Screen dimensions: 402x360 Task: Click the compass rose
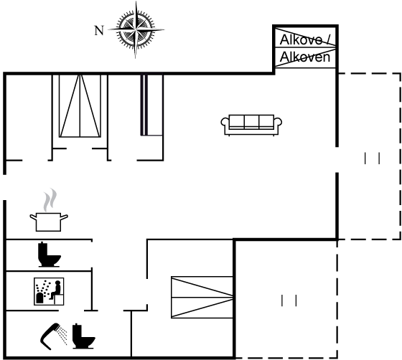pyautogui.click(x=136, y=29)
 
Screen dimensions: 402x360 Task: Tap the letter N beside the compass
pyautogui.click(x=99, y=30)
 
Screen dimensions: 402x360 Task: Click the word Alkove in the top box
pyautogui.click(x=301, y=39)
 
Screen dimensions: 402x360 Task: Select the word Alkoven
pyautogui.click(x=305, y=57)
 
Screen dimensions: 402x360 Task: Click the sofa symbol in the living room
pyautogui.click(x=251, y=125)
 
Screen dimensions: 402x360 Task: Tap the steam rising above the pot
pyautogui.click(x=50, y=199)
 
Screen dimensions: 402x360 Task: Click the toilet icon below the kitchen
pyautogui.click(x=50, y=255)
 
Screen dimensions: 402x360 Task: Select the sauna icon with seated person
pyautogui.click(x=49, y=291)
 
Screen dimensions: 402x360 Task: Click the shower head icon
pyautogui.click(x=50, y=336)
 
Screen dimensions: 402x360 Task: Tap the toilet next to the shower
pyautogui.click(x=83, y=336)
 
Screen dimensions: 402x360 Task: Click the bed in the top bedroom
pyautogui.click(x=80, y=106)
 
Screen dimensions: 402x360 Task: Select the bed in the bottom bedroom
pyautogui.click(x=202, y=298)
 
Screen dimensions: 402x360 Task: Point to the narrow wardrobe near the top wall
pyautogui.click(x=151, y=105)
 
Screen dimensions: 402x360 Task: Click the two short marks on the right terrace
pyautogui.click(x=372, y=158)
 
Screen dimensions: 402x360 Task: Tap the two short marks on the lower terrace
pyautogui.click(x=289, y=300)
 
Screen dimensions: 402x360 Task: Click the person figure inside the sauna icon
pyautogui.click(x=57, y=290)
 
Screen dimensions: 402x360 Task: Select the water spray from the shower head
pyautogui.click(x=62, y=335)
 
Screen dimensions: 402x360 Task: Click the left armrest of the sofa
pyautogui.click(x=225, y=123)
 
